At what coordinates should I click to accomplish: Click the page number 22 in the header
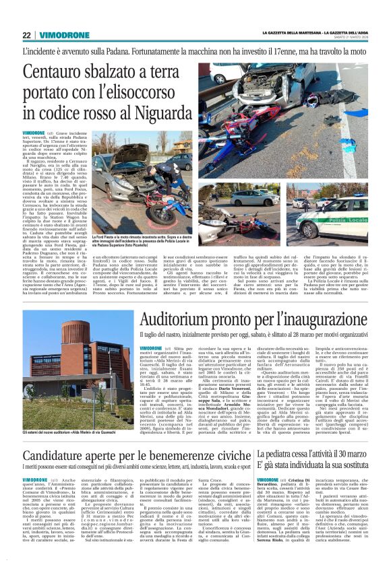(x=27, y=36)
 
